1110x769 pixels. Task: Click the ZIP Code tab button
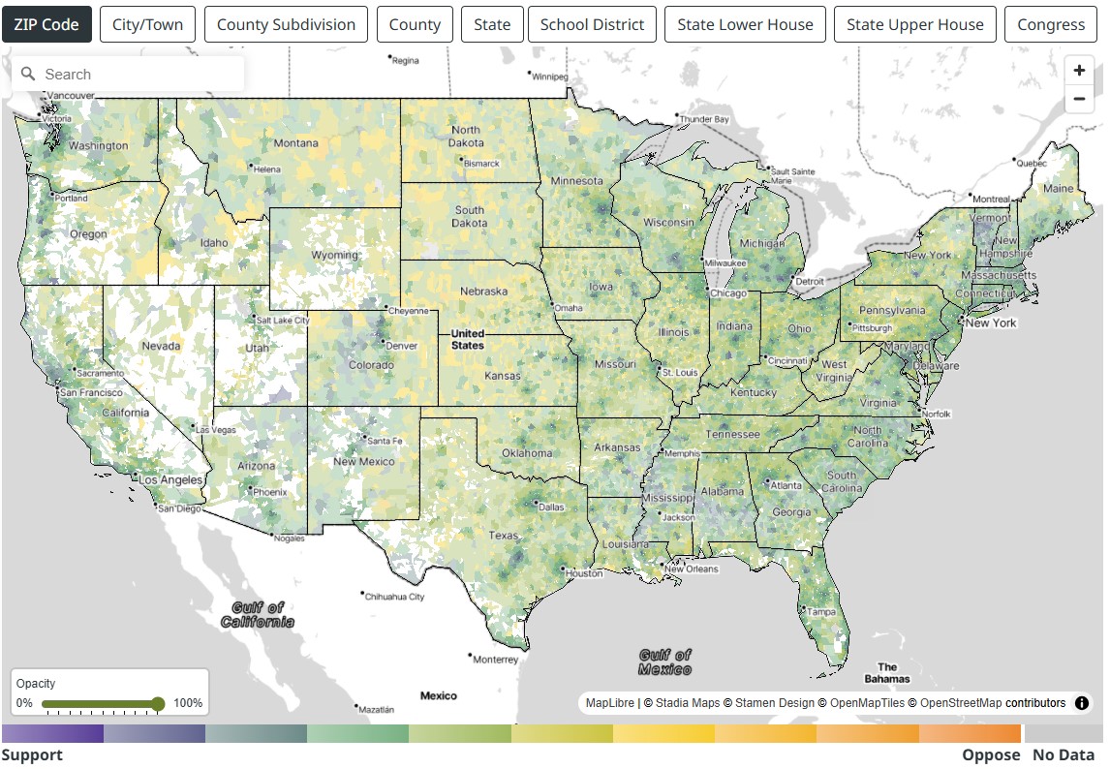click(46, 24)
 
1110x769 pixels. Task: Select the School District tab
click(592, 24)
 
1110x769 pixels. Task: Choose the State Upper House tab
click(914, 24)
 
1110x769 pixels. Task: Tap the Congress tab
click(1051, 24)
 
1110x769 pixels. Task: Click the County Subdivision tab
click(286, 24)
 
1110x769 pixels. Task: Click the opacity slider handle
click(158, 704)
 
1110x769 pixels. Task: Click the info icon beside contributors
click(1083, 703)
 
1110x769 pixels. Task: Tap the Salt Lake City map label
click(283, 320)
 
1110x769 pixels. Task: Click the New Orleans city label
click(692, 569)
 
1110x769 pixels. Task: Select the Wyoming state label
click(334, 256)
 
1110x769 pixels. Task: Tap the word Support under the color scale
click(32, 755)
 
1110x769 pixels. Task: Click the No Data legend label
click(1063, 755)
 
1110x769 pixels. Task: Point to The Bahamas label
click(887, 672)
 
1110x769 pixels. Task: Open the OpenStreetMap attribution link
click(960, 703)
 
